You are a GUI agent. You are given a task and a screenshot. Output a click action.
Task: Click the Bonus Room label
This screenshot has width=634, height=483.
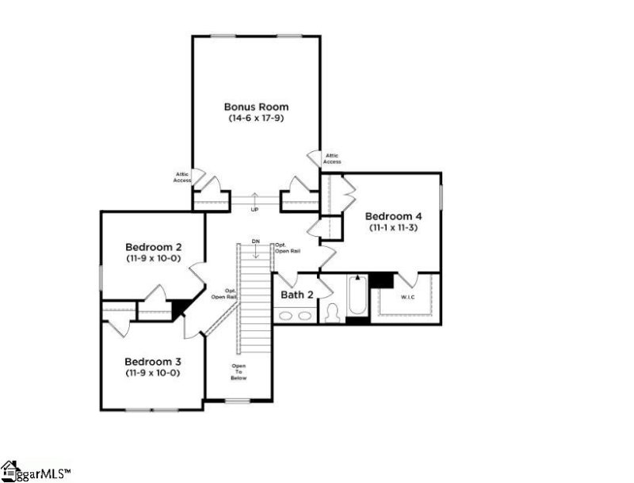(x=255, y=106)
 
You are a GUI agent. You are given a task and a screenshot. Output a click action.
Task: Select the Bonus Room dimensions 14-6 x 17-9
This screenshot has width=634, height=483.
(x=255, y=118)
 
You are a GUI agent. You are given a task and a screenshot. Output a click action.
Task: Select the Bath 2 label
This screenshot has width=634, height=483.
(x=297, y=295)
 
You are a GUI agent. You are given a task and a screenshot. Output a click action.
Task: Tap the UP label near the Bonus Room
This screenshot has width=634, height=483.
(x=254, y=210)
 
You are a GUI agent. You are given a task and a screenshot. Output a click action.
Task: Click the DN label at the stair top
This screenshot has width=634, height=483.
(x=255, y=241)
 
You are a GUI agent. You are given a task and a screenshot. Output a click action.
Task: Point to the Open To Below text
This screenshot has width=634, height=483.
(x=239, y=372)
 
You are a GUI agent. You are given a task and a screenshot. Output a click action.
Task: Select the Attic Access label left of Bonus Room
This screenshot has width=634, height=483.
(x=182, y=177)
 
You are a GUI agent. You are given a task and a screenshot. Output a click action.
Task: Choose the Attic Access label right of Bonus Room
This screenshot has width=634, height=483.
(x=332, y=158)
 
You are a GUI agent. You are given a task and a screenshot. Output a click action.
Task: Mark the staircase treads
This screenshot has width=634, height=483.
(x=254, y=309)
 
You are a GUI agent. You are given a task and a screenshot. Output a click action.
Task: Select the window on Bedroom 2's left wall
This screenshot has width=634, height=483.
(x=101, y=279)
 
